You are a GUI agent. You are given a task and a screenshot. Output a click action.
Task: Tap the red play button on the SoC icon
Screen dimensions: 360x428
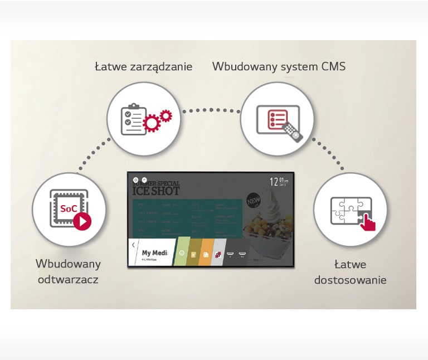(82, 221)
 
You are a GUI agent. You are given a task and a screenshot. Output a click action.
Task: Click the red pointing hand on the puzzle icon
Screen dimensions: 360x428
(367, 222)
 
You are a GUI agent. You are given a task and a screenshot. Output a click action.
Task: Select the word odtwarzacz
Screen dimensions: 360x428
(68, 279)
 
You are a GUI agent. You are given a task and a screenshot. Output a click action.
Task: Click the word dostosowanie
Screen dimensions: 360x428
(350, 280)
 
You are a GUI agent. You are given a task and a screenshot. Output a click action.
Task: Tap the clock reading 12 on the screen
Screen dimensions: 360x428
(274, 182)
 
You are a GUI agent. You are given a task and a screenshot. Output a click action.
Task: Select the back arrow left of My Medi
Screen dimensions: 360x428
(133, 245)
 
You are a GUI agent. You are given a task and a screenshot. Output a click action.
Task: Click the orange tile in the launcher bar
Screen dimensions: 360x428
(206, 254)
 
